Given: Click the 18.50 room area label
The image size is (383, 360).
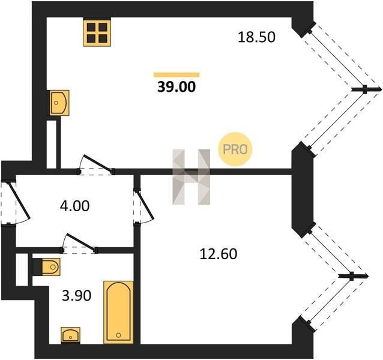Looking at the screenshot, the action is pos(256,37).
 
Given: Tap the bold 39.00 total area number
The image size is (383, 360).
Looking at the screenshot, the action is pos(176,86).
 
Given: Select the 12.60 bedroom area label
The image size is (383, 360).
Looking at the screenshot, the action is pos(219,254).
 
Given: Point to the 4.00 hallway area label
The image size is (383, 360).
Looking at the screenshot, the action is pos(75,206).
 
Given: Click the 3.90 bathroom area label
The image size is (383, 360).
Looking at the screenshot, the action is pos(77,296).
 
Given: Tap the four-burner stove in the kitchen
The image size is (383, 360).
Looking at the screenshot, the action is pos(97,33).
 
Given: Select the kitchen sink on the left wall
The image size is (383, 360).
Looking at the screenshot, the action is pos(59,103).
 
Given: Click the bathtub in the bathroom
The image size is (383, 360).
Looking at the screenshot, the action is pos(118,312).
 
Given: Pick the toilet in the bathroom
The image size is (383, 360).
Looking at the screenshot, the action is pos(46,267).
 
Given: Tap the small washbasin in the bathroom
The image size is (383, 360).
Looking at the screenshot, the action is pos(70,335).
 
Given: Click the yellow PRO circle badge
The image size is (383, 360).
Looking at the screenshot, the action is pos(235,149).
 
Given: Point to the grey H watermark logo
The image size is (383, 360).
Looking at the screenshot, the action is pos(191,177).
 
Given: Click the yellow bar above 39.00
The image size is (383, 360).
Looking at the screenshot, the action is pos(176,74).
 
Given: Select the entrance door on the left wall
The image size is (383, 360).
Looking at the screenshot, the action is pos(14,203).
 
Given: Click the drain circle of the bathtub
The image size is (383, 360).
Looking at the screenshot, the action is pos(118,335).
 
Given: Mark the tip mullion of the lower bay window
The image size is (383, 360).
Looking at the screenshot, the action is pos(352,276).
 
